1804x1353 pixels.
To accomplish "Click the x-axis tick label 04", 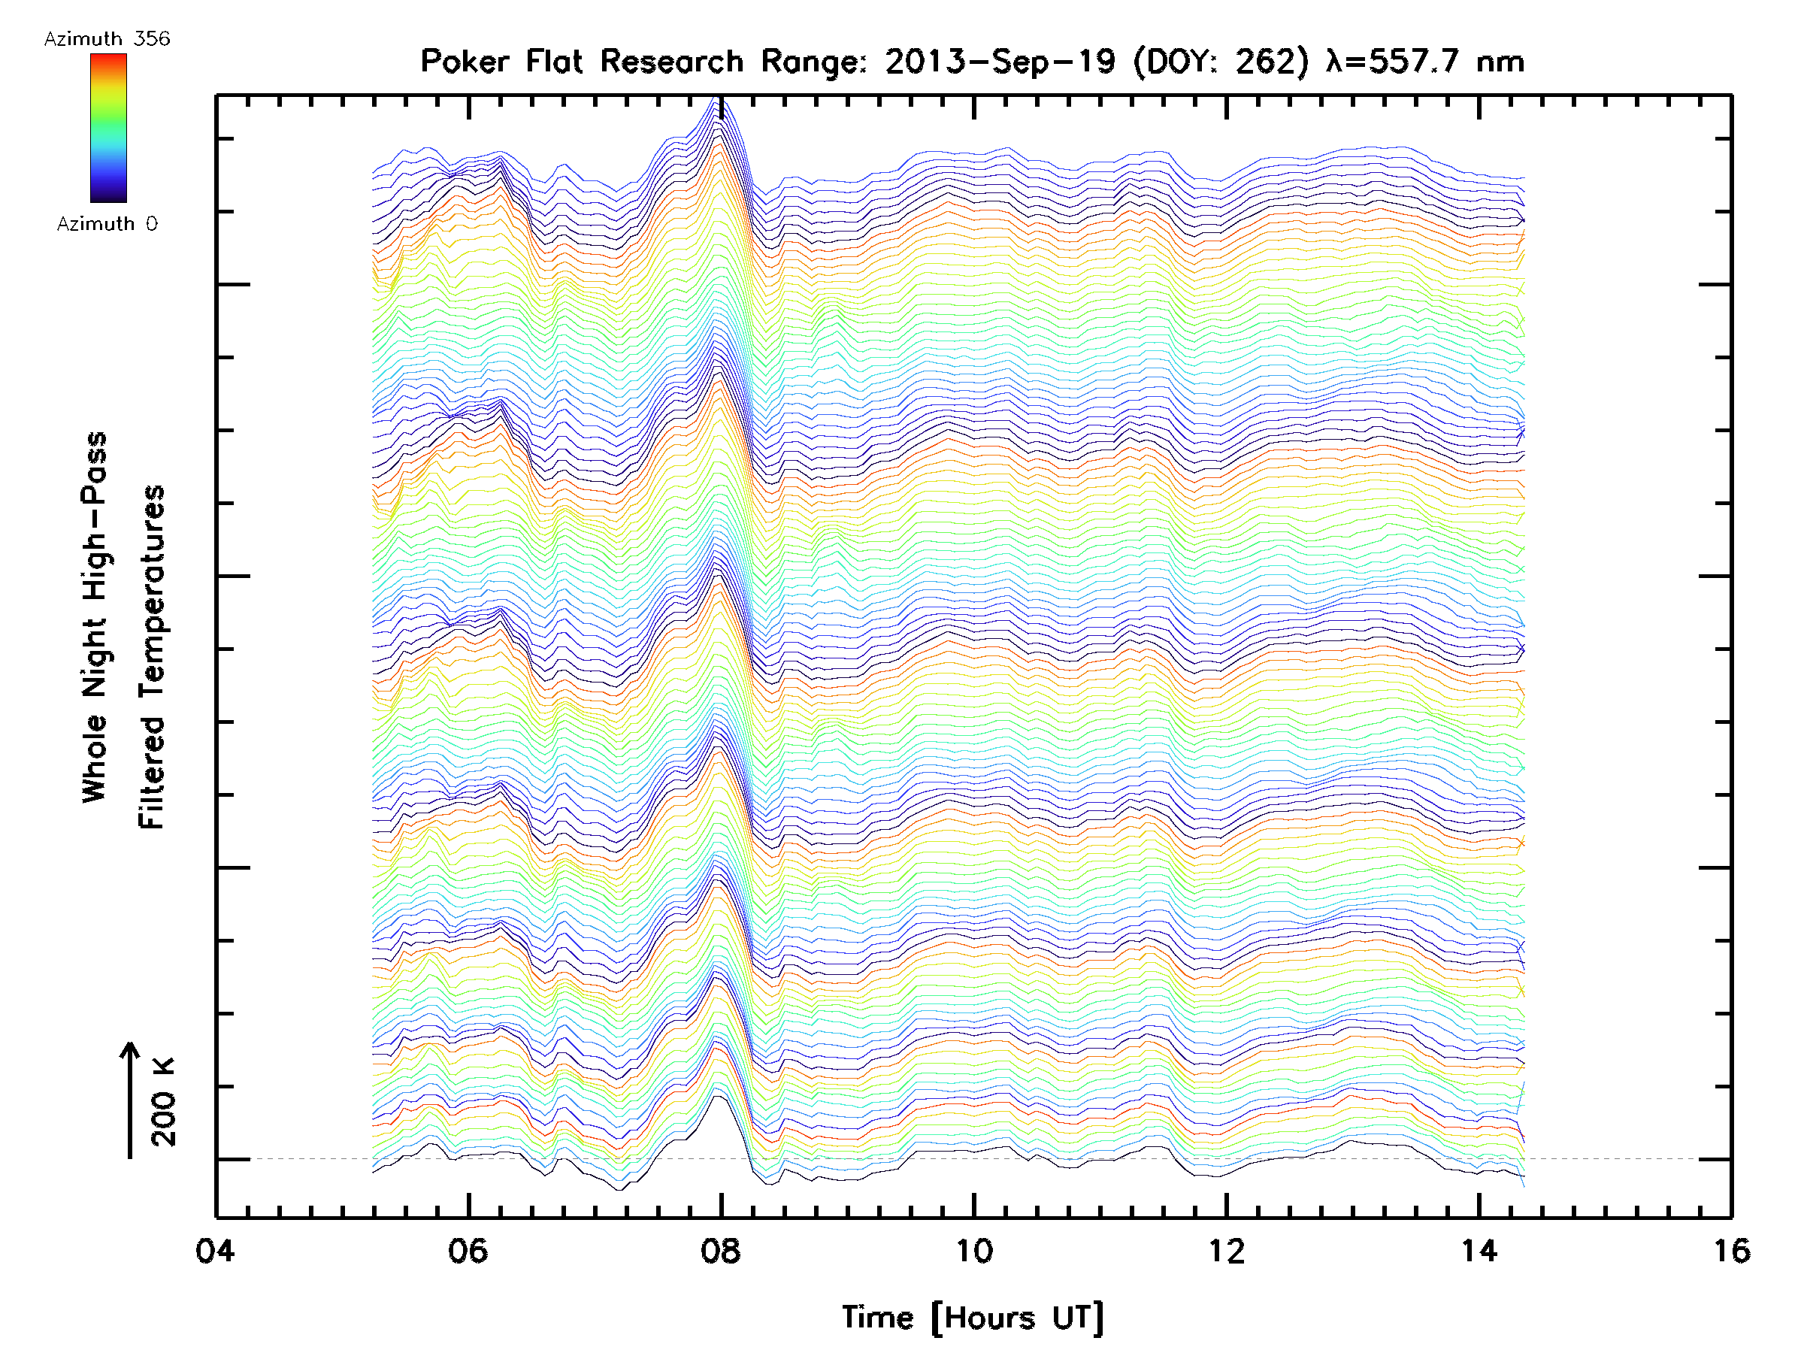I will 214,1250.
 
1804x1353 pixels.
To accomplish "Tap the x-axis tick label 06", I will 468,1250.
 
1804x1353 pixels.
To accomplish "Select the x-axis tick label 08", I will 720,1250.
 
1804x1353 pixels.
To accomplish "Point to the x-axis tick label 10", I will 973,1250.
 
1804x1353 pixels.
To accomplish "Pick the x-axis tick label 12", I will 1226,1250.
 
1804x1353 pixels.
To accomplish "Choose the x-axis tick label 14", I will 1479,1250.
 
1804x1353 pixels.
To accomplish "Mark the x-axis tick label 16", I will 1730,1250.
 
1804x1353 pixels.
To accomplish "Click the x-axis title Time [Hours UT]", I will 973,1318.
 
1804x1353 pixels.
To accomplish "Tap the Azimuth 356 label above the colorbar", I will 107,39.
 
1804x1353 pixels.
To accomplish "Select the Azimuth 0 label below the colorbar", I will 107,223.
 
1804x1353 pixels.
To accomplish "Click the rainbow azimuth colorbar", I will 108,128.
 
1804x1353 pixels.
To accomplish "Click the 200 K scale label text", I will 163,1101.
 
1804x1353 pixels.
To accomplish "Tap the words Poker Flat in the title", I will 500,61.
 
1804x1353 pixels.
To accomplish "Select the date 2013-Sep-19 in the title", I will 1000,61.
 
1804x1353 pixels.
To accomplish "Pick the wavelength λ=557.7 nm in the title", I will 1424,61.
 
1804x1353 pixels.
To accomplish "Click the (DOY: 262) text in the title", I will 1221,61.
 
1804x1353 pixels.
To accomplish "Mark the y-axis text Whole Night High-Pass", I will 95,616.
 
